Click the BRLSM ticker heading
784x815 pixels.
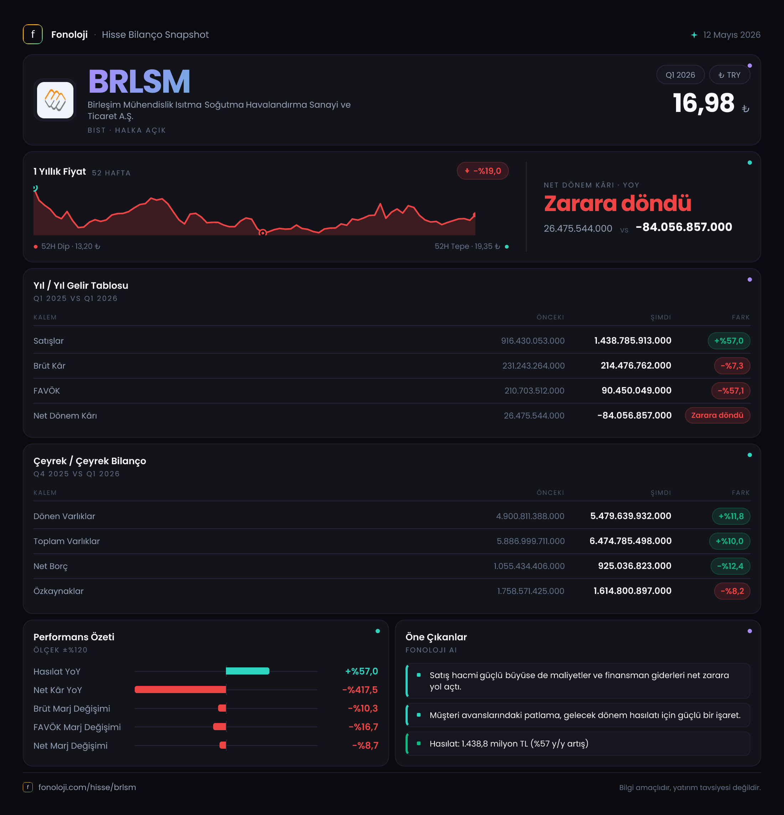point(139,82)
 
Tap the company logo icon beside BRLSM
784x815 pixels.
point(55,100)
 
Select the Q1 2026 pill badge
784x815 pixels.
point(680,75)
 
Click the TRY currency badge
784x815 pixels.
point(729,75)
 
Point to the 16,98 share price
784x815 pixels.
point(703,103)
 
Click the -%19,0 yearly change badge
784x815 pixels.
point(483,171)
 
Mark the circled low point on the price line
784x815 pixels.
point(262,232)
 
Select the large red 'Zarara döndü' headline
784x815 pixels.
point(617,203)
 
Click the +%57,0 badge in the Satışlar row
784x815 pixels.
point(729,341)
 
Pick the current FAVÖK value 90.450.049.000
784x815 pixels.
point(636,390)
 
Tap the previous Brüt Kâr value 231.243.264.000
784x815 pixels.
point(533,366)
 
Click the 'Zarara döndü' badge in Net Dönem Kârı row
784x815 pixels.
point(717,415)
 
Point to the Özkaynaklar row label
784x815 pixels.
point(58,591)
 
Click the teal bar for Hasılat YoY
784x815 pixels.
point(248,671)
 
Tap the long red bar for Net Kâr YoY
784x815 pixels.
point(180,690)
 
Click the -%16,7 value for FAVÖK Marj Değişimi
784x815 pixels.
point(363,727)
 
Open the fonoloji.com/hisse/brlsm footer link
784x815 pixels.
point(87,787)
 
